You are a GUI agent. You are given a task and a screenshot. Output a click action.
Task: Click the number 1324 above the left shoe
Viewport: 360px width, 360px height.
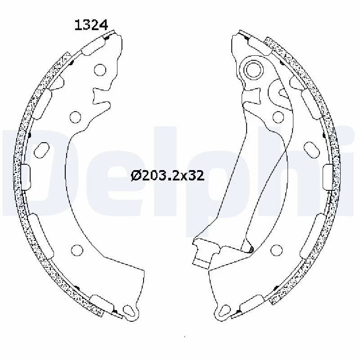click(x=91, y=26)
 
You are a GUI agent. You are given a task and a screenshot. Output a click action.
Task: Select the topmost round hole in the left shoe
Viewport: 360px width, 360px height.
click(x=100, y=70)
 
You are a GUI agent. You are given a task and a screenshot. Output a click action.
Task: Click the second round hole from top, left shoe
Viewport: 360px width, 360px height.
click(x=75, y=117)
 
